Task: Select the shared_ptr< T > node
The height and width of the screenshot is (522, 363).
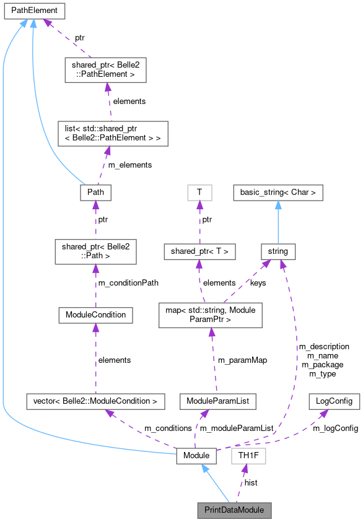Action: [199, 251]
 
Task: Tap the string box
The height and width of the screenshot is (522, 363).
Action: [278, 251]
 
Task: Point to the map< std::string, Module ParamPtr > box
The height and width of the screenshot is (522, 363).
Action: [211, 315]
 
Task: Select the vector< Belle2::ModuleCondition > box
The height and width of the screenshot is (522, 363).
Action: [95, 401]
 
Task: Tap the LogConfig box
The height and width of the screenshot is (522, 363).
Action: [334, 401]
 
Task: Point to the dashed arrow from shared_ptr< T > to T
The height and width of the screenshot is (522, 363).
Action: [199, 222]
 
